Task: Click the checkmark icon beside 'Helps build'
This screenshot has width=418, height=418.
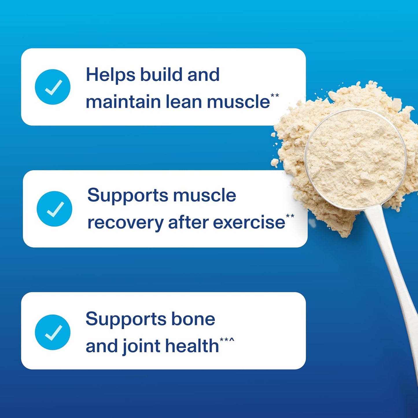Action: click(52, 87)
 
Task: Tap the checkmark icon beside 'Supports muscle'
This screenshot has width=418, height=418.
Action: click(54, 209)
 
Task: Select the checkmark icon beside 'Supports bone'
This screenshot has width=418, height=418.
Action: click(52, 332)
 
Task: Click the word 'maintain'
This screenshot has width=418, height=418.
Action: click(123, 102)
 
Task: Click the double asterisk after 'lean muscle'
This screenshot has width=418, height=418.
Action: click(275, 95)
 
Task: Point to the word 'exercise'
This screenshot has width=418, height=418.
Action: click(249, 222)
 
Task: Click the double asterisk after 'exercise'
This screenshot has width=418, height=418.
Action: click(290, 216)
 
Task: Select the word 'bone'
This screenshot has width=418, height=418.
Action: click(193, 319)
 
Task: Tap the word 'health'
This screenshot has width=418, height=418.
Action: click(192, 346)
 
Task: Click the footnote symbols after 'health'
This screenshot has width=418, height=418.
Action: click(227, 340)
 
